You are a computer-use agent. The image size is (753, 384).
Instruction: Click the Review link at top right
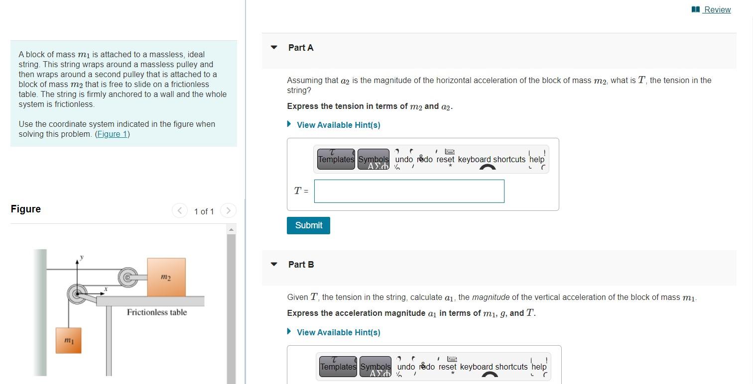(717, 9)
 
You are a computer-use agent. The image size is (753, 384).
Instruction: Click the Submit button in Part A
(308, 225)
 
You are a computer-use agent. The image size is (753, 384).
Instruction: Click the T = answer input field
(409, 191)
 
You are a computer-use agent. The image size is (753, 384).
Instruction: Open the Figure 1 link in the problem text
(112, 134)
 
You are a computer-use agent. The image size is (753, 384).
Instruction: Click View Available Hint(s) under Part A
(338, 125)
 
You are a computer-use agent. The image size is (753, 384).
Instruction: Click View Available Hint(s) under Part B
(338, 332)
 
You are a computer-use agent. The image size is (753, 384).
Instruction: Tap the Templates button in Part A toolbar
(336, 159)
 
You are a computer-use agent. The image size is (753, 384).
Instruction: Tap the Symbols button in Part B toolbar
(376, 367)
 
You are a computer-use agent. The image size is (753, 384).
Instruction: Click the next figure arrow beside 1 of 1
(228, 211)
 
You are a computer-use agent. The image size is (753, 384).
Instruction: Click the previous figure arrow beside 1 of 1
(180, 211)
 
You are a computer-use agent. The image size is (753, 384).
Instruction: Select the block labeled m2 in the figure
(166, 277)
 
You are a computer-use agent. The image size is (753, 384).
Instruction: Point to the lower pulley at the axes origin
(77, 294)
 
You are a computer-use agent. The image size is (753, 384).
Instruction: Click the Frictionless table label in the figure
(157, 312)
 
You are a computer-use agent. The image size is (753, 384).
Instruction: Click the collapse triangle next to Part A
(274, 48)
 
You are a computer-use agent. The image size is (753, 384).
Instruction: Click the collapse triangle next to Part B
(274, 265)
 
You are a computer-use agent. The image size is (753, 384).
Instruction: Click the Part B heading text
(301, 265)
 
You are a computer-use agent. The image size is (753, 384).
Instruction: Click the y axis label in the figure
(82, 257)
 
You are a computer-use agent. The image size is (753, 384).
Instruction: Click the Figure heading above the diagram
(26, 209)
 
